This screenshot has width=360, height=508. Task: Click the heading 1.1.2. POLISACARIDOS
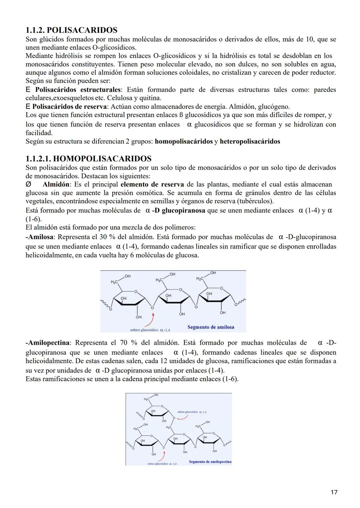click(x=71, y=30)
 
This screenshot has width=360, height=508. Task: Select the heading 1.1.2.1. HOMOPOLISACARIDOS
click(x=88, y=159)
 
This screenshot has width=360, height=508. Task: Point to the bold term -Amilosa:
click(x=39, y=237)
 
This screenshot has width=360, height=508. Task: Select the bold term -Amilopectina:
click(x=48, y=343)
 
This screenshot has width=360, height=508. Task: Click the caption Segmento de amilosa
click(x=211, y=327)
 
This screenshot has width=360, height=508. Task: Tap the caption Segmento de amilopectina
click(x=210, y=462)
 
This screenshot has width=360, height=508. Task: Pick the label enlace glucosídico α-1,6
click(x=192, y=412)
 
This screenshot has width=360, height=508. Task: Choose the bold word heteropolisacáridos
click(x=250, y=141)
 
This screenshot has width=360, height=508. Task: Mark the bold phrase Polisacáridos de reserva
click(x=70, y=107)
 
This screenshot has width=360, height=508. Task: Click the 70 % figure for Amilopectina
click(x=128, y=343)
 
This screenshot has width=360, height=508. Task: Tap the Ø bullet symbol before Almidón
click(x=28, y=185)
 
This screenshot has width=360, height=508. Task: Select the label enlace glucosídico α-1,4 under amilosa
click(x=150, y=330)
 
